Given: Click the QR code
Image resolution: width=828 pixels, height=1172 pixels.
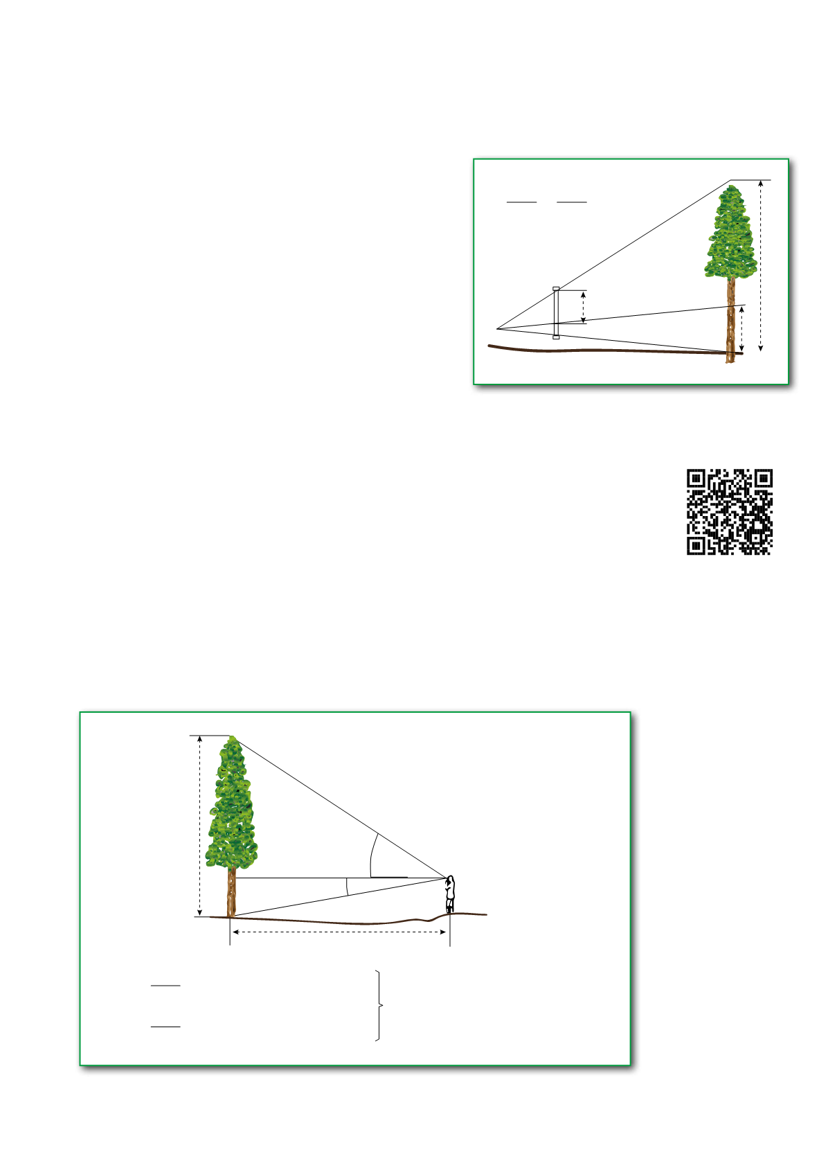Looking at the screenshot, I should (730, 512).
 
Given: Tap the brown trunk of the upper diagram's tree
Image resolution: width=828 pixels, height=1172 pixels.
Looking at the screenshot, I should (730, 319).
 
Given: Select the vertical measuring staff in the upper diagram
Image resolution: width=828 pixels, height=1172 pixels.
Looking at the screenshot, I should (556, 312).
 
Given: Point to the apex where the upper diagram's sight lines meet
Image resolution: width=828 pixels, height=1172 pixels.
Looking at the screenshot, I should (497, 328).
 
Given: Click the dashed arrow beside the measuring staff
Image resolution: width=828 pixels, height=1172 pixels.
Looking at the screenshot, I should (584, 307).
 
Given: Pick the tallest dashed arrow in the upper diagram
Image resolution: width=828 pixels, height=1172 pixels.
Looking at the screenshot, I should (762, 265).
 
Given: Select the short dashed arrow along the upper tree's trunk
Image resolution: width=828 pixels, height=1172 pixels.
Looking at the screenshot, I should (742, 330).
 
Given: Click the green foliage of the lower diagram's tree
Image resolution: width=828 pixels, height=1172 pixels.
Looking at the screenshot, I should (232, 803).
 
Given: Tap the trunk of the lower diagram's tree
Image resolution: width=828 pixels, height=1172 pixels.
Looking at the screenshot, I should (231, 894).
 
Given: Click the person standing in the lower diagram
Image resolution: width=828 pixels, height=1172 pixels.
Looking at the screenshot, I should (450, 894).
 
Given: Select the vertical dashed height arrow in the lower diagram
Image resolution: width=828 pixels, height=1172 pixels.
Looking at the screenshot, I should (200, 826).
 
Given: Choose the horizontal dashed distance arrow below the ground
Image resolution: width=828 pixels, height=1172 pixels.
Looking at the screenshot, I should (339, 932).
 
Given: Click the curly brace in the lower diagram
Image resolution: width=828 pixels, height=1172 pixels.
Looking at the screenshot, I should (379, 1005).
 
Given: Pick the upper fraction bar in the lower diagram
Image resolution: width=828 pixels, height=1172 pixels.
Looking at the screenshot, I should (165, 985).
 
